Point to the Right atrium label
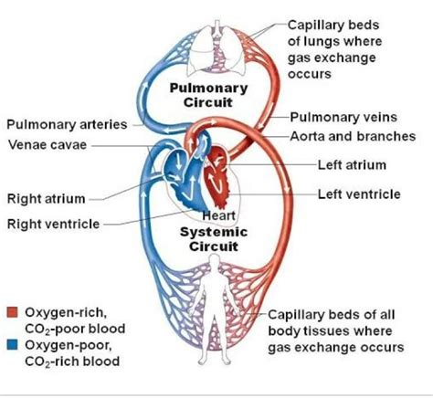click(x=47, y=198)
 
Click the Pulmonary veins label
click(x=339, y=118)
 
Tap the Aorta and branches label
click(x=352, y=136)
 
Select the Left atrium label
click(x=352, y=165)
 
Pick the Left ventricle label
click(x=358, y=194)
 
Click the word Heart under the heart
click(x=218, y=215)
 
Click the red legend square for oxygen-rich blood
click(x=13, y=312)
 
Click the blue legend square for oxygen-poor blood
click(x=13, y=345)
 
